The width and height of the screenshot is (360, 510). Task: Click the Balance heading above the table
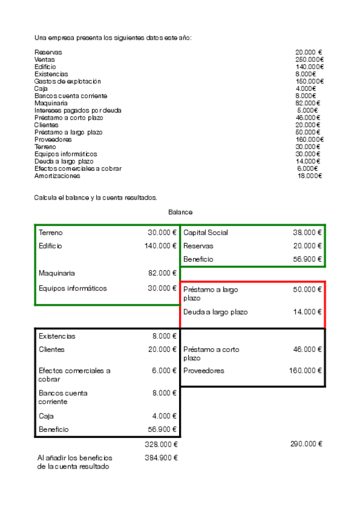(180, 212)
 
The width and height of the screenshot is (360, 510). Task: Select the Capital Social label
(206, 233)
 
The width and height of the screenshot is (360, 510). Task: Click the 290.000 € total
(307, 444)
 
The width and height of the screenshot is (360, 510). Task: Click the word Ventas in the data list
(44, 60)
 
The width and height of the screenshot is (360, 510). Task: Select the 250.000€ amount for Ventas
(310, 60)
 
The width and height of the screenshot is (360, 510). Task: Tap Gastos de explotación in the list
(67, 81)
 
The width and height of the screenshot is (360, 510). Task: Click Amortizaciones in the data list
(57, 176)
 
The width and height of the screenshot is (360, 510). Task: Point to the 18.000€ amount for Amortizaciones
(310, 176)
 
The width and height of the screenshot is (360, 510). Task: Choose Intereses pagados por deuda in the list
(78, 111)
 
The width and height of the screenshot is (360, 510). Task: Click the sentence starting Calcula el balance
(96, 197)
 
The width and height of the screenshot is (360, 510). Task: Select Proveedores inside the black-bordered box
(204, 371)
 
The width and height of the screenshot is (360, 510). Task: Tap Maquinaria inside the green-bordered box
(56, 273)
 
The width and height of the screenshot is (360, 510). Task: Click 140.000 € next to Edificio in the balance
(160, 246)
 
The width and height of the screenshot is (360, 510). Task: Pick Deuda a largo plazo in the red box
(215, 312)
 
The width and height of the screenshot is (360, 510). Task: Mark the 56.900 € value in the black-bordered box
(162, 429)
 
